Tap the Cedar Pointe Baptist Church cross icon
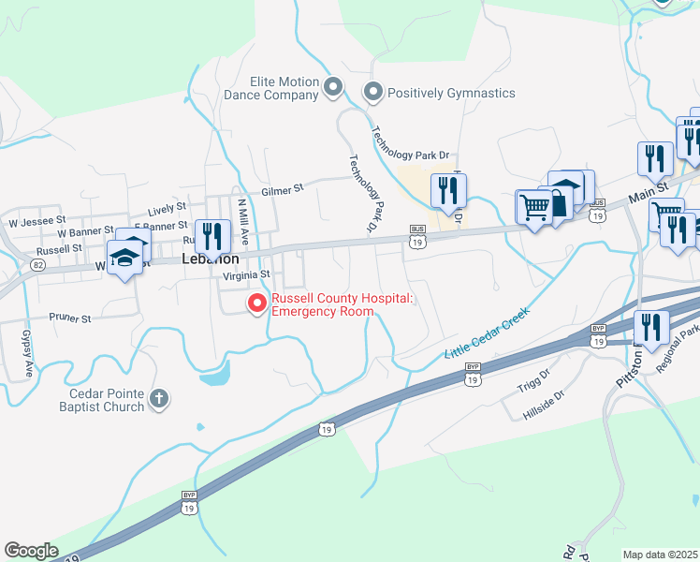click(x=159, y=400)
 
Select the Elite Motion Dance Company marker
click(x=334, y=87)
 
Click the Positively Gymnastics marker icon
click(x=373, y=93)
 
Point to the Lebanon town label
click(x=211, y=258)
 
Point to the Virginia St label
click(x=247, y=275)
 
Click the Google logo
click(x=31, y=551)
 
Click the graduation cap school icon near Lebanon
click(x=124, y=256)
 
